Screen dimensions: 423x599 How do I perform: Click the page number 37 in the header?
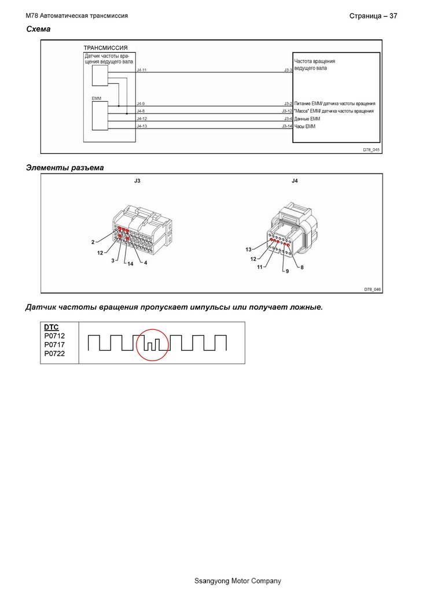393,16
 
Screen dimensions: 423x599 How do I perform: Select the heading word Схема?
38,29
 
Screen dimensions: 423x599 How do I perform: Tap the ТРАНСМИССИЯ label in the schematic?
105,48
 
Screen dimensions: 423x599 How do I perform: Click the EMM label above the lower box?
96,98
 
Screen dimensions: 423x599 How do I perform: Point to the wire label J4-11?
141,70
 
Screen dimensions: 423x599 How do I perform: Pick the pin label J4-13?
142,126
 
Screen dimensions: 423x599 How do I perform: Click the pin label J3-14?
287,126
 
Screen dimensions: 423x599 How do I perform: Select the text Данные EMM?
307,119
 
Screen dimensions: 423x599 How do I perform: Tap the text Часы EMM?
305,126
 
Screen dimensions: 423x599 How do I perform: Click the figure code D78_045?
371,150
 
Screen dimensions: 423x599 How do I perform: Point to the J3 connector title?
137,181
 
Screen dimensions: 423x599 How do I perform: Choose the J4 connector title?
295,181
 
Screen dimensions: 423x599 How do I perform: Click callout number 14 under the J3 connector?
130,263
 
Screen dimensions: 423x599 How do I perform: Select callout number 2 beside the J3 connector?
93,242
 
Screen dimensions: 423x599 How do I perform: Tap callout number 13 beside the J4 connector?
248,249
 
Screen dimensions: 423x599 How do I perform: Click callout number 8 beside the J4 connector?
302,267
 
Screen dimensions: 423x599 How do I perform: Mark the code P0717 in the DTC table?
54,344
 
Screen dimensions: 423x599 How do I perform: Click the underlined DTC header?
52,328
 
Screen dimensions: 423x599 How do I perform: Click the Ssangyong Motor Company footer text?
238,581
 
